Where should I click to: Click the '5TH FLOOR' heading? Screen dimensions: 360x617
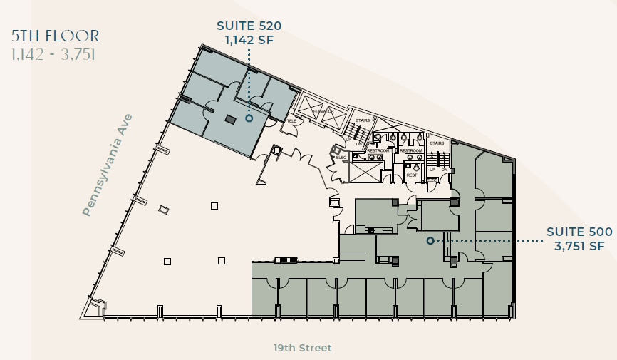click(55, 36)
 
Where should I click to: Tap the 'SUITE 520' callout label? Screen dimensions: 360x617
click(249, 26)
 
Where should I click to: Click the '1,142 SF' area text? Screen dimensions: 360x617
click(249, 40)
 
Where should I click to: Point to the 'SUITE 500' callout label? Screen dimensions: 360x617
click(579, 232)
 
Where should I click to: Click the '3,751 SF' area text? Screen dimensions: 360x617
click(579, 246)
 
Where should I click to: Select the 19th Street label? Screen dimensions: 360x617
click(303, 348)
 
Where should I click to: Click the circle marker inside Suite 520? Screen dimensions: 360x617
click(249, 119)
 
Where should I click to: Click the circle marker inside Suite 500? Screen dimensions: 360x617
click(430, 241)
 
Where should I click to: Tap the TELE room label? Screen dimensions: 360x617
click(291, 121)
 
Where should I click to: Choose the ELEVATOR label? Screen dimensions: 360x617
click(323, 112)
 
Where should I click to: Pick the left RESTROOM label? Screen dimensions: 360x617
click(378, 150)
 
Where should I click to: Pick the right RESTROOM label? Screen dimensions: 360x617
click(411, 150)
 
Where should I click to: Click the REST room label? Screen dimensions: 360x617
click(411, 175)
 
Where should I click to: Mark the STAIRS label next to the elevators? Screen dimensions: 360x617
click(363, 121)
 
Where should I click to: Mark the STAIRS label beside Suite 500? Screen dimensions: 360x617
click(437, 143)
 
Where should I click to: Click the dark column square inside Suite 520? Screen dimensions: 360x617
click(230, 120)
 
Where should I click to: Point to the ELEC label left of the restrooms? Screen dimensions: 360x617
click(341, 158)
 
